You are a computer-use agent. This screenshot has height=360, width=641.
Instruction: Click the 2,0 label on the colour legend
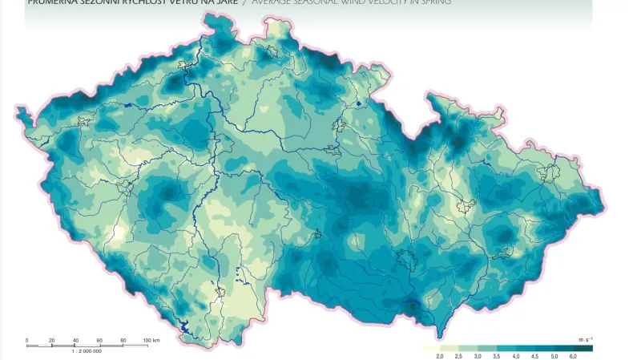point(440,355)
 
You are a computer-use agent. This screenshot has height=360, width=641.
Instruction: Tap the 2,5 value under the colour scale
point(459,355)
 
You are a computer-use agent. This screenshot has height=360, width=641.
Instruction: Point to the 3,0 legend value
point(478,355)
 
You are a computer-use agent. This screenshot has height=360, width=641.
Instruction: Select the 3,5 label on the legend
point(497,355)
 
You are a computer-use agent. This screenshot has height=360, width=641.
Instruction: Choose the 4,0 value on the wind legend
point(516,355)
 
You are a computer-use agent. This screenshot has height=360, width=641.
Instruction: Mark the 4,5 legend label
point(535,355)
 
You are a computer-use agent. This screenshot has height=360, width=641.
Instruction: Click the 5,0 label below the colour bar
point(554,355)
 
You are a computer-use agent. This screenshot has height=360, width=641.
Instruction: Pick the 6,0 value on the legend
point(573,355)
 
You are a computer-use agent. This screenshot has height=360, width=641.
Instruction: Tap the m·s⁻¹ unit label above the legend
point(586,340)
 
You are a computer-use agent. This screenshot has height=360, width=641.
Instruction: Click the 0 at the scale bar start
point(27,341)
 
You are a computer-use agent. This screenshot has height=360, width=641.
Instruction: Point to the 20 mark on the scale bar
point(52,341)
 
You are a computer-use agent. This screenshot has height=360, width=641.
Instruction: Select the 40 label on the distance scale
point(76,341)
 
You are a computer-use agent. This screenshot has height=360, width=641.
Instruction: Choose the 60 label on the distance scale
point(100,341)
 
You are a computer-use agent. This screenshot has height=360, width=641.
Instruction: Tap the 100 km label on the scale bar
point(151,341)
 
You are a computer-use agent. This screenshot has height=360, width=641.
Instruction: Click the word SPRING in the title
point(433,2)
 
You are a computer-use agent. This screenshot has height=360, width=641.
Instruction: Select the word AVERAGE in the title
point(277,2)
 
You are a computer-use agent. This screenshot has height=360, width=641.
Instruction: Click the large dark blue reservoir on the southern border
point(187,326)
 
